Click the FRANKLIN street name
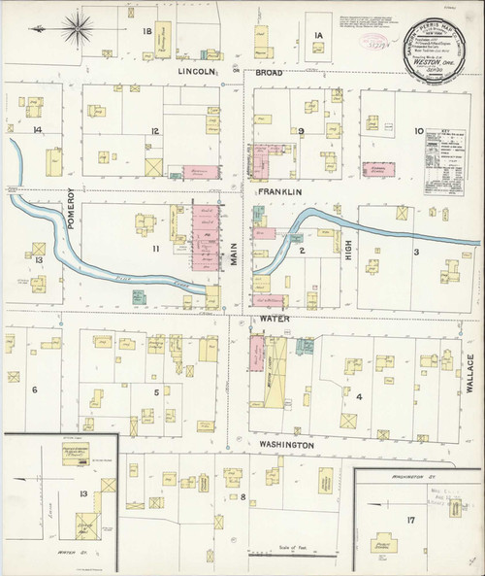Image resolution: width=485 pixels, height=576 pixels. [x=281, y=192]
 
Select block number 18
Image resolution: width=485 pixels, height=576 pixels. [x=148, y=33]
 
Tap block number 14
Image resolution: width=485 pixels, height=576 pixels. [x=37, y=129]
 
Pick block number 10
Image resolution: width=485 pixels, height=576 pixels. [x=419, y=130]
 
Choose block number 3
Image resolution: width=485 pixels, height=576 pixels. [x=416, y=252]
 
